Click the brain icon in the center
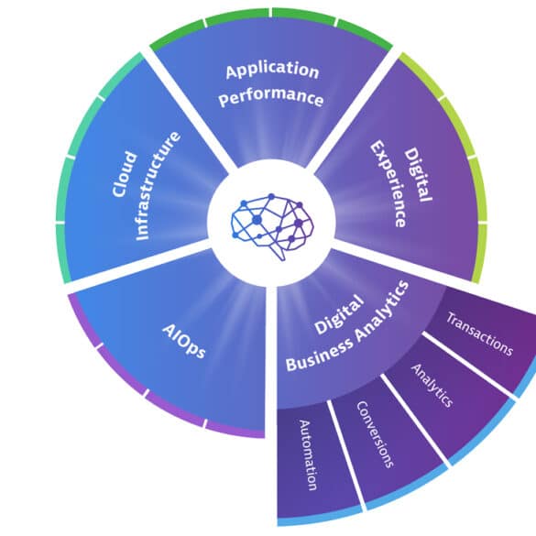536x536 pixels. (x=272, y=226)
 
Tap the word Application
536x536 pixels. (x=272, y=71)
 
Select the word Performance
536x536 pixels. (x=270, y=97)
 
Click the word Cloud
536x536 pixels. (x=125, y=174)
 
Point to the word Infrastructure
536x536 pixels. (x=157, y=186)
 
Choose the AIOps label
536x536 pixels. (x=184, y=341)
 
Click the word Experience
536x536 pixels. (x=388, y=183)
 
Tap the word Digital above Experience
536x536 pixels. (x=418, y=175)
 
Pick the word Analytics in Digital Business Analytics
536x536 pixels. (x=382, y=312)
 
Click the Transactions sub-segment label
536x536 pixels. (x=479, y=334)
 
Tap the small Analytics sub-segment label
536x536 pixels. (x=432, y=385)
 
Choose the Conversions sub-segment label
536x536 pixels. (x=375, y=434)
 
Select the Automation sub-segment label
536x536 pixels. (x=308, y=455)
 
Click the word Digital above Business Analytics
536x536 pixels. (x=338, y=314)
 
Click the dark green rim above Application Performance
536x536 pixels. (x=271, y=14)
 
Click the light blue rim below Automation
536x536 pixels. (x=320, y=520)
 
